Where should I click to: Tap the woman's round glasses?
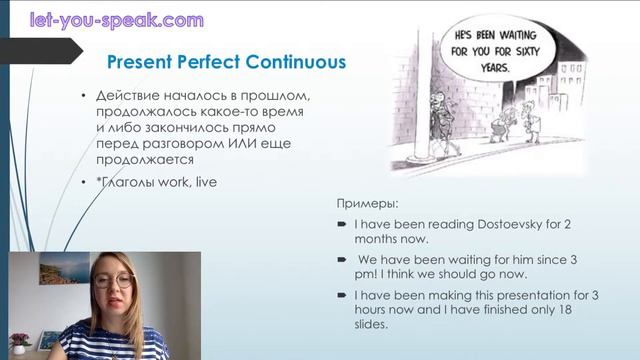[115, 281]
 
